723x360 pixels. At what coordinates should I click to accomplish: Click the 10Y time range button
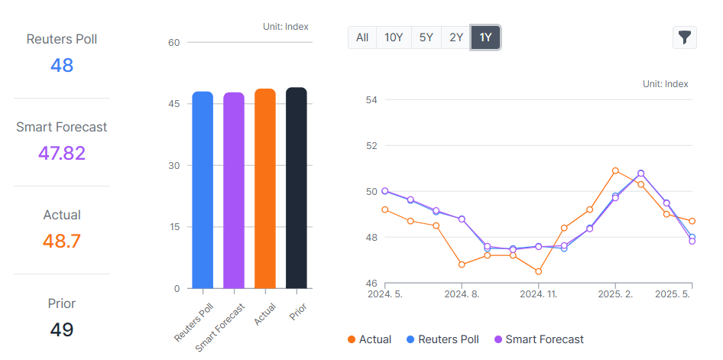pos(394,37)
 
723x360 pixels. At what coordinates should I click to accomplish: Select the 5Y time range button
pos(426,37)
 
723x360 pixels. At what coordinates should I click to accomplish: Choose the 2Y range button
pos(456,37)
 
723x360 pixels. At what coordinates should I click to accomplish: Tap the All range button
pos(362,37)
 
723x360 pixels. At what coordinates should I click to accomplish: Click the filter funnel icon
pos(685,37)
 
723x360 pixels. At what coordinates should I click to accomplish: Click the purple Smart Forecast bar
pos(234,190)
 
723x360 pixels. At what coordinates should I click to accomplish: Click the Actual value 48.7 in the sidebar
pos(62,242)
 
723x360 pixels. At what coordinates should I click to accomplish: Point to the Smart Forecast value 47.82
pos(62,153)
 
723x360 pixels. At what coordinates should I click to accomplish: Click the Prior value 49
pos(62,329)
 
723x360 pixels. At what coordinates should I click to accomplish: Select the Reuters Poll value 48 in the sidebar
pos(62,65)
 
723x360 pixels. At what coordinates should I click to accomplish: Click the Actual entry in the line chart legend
pos(369,339)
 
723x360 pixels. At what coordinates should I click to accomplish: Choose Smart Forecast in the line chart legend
pos(539,339)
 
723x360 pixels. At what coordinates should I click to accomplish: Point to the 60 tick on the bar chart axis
pos(173,43)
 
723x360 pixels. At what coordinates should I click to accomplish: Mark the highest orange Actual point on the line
pos(615,170)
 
